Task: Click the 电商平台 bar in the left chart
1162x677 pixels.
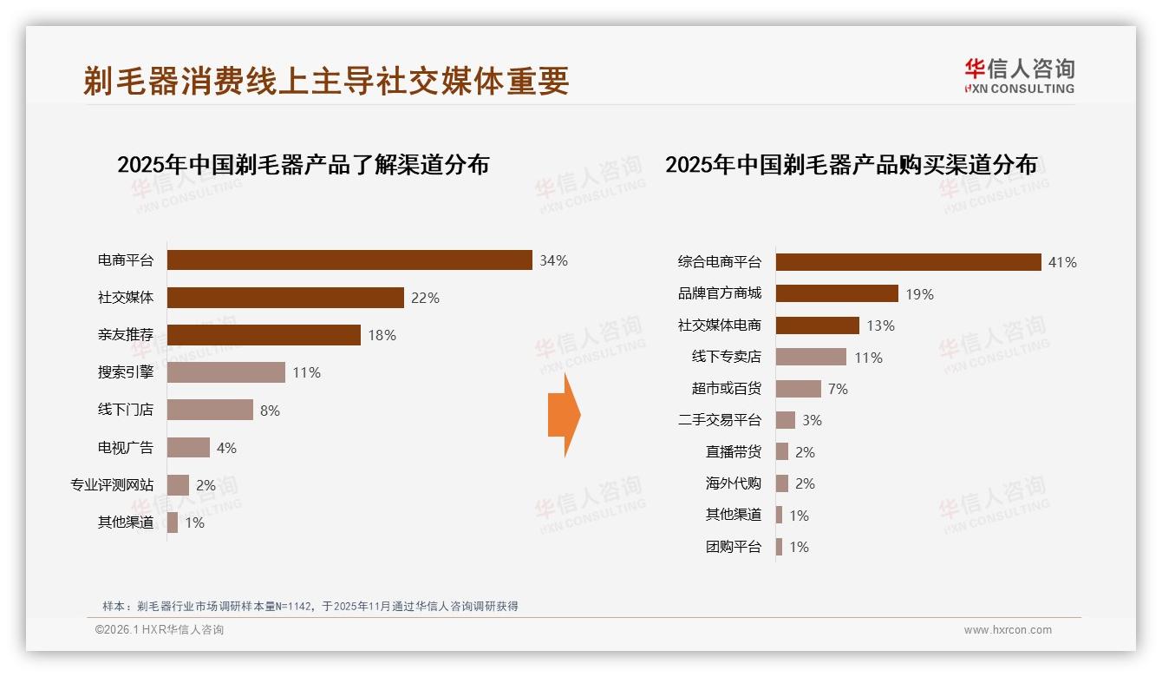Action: pos(349,260)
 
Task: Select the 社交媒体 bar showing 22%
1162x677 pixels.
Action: pos(285,298)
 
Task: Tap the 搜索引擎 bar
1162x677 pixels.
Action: pos(225,372)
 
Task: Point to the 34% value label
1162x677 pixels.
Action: pos(553,260)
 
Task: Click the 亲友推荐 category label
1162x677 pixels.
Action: pos(126,335)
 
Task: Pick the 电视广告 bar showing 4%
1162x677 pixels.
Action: pos(188,448)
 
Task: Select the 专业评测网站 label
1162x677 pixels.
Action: pos(112,485)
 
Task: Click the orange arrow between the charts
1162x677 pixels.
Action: pos(564,415)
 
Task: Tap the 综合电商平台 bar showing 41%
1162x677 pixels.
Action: pos(908,262)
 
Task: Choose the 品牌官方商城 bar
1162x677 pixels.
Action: pos(837,293)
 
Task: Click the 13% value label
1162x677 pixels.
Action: pos(880,325)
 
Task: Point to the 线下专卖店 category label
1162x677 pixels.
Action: pos(726,357)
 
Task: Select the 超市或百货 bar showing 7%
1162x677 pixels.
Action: pos(798,389)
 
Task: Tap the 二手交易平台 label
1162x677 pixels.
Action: pos(719,420)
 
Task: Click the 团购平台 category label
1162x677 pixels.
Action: pos(733,547)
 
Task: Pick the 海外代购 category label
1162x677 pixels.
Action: pos(733,483)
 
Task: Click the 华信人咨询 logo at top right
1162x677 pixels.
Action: pos(1019,76)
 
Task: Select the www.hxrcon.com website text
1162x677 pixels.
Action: pos(1008,630)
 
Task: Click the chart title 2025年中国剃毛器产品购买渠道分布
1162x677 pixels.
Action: pos(851,165)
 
